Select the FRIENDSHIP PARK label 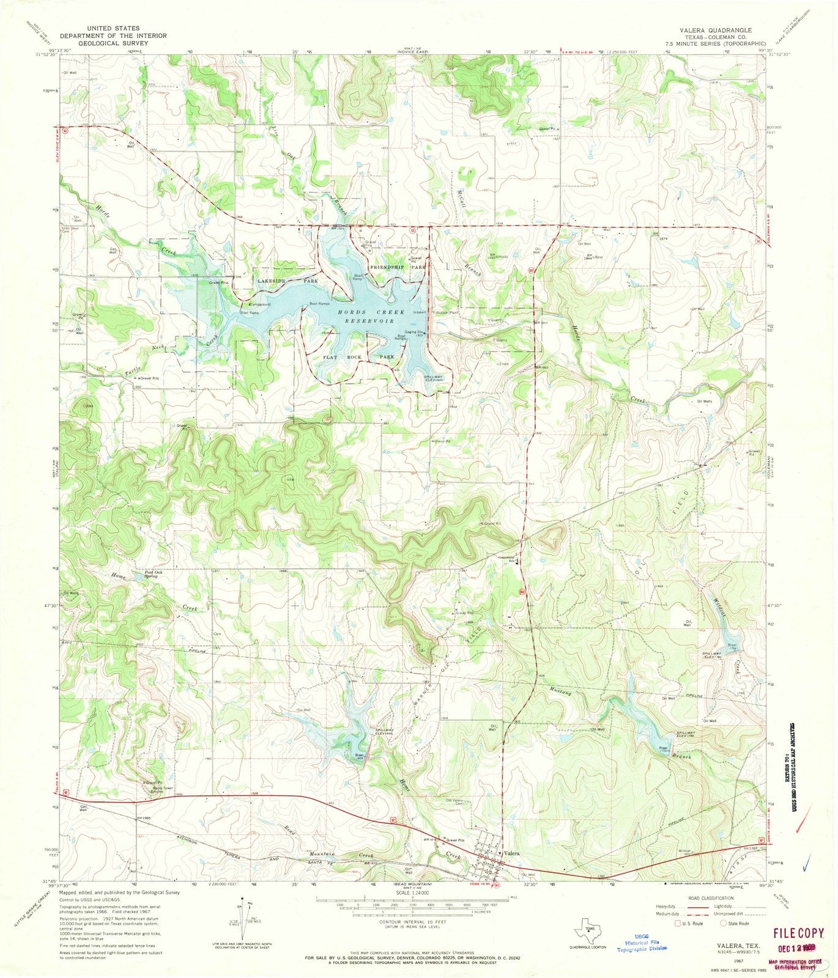(397, 268)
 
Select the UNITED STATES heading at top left (113, 28)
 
